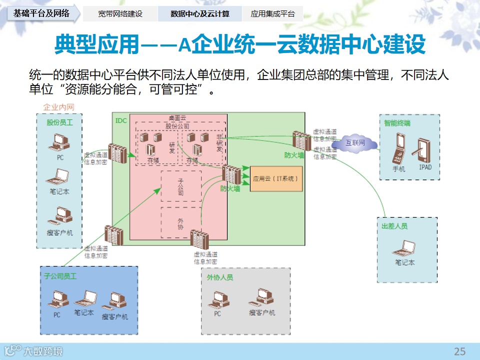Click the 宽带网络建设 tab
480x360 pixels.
click(x=120, y=13)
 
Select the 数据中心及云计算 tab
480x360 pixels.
click(x=199, y=13)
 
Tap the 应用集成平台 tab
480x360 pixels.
click(x=272, y=13)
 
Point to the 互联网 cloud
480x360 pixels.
click(x=355, y=143)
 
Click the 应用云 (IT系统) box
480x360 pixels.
click(x=276, y=178)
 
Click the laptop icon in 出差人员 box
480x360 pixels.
click(x=404, y=247)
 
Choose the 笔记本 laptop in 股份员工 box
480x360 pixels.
click(x=59, y=178)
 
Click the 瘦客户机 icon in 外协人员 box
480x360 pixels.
click(x=262, y=298)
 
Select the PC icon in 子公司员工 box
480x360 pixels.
click(x=57, y=300)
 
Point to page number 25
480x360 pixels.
click(x=459, y=350)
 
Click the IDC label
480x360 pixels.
click(x=121, y=120)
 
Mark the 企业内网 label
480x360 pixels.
click(x=59, y=107)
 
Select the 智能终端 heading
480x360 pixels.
click(x=397, y=123)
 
